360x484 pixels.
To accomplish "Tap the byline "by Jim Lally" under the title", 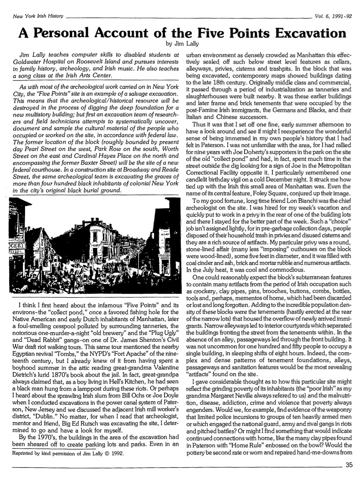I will tap(180, 44).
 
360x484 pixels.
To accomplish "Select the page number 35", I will tap(349, 468).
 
